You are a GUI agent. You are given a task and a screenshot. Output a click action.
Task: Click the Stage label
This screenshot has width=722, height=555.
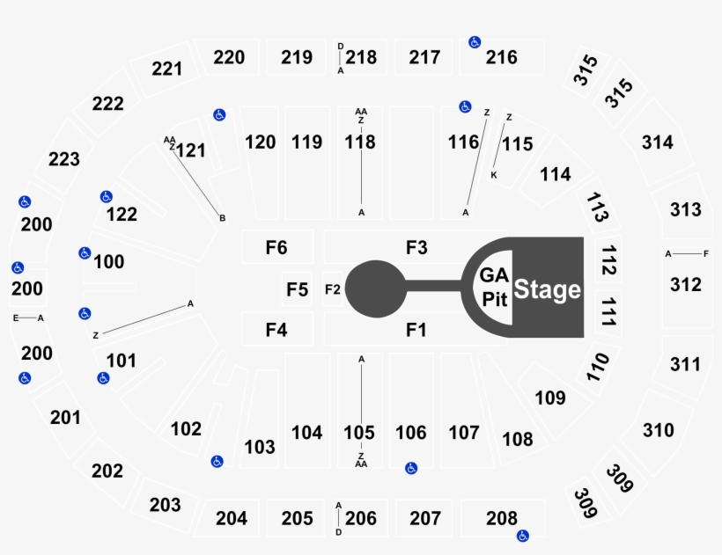[x=547, y=289]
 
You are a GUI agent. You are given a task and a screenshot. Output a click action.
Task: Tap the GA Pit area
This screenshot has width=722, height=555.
[x=493, y=288]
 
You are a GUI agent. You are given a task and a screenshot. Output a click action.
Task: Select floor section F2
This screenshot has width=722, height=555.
[x=333, y=289]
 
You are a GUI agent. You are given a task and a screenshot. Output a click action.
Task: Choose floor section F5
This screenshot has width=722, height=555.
[x=297, y=289]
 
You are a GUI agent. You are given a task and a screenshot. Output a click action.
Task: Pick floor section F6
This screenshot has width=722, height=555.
[x=277, y=247]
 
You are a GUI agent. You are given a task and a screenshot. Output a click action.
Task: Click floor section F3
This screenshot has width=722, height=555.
[x=416, y=247]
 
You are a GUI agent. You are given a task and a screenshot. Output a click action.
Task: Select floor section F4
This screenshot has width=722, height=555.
[x=277, y=329]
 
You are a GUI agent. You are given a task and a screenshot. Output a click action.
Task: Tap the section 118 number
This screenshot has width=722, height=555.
[x=360, y=142]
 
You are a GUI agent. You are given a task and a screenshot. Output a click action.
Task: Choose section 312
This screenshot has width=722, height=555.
[x=686, y=285]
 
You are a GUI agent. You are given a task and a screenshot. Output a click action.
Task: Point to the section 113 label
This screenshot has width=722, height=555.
[x=597, y=207]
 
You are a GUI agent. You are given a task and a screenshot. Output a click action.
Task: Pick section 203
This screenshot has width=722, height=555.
[x=165, y=506]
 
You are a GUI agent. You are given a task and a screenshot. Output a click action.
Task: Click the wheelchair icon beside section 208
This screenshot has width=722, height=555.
[x=523, y=536]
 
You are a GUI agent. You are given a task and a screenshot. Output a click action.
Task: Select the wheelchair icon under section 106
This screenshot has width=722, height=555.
[x=411, y=468]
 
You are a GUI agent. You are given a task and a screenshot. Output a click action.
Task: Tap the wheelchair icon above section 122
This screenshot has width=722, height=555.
[x=107, y=197]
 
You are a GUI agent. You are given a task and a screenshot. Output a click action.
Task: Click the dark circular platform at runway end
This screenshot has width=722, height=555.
[x=376, y=288]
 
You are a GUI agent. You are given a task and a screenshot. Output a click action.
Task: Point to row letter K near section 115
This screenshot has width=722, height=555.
[x=494, y=175]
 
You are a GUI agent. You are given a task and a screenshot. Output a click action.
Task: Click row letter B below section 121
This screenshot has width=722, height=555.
[x=223, y=218]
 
